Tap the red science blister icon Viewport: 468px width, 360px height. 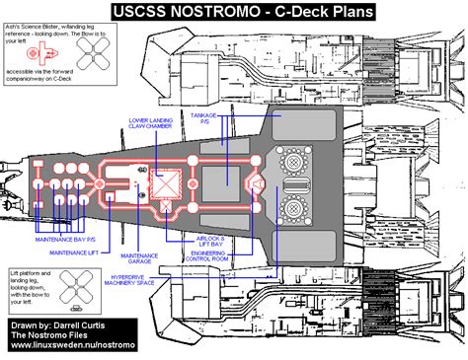pos(36,51)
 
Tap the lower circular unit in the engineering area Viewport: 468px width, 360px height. pos(292,208)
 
